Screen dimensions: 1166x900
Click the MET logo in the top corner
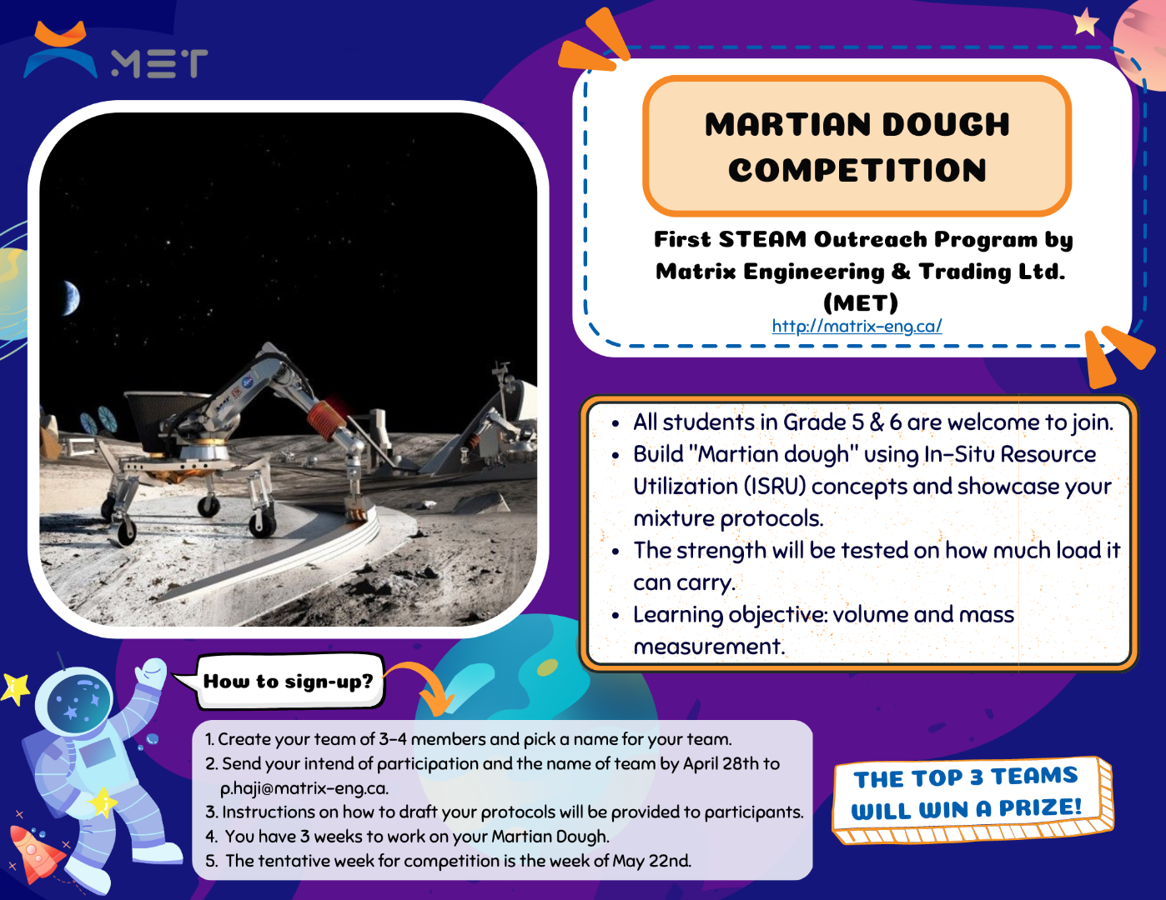pos(115,51)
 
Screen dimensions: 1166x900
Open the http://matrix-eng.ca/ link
pos(857,326)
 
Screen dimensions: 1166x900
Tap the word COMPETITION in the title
pos(857,171)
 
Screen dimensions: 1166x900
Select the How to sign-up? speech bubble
pos(288,682)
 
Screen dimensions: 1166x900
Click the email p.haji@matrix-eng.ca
pos(304,788)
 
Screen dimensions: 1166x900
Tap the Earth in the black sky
pos(72,298)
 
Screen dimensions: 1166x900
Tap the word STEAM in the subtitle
pos(762,239)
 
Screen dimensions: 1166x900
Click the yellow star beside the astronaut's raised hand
pos(14,688)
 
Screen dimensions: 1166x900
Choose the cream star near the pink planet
pos(1087,22)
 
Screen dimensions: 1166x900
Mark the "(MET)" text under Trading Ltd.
pos(861,303)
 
